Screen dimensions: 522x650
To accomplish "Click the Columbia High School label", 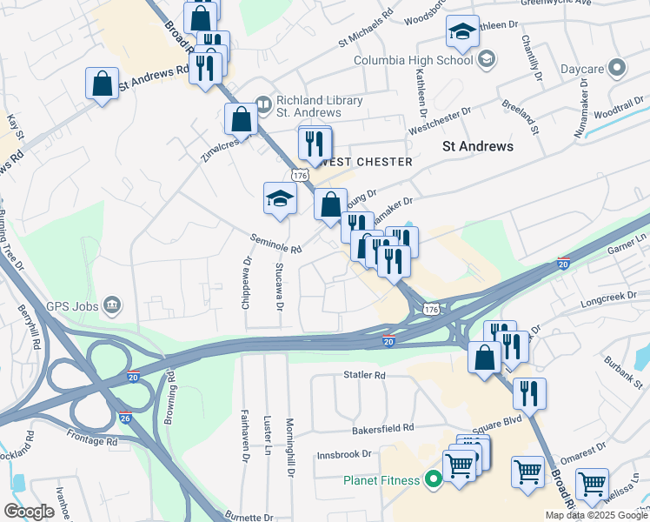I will [x=414, y=60].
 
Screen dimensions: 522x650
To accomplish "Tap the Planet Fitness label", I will [x=381, y=479].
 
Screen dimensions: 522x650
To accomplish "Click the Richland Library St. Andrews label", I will [x=319, y=106].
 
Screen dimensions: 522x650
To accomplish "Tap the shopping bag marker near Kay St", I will [x=103, y=84].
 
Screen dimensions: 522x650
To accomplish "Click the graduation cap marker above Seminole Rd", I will [x=281, y=199].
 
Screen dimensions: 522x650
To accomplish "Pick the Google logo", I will [x=29, y=512].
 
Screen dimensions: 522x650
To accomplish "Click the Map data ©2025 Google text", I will [x=595, y=515].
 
